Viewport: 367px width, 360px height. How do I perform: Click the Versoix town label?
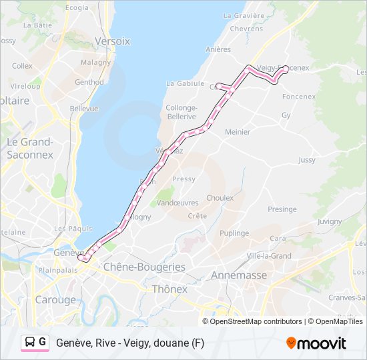pyautogui.click(x=113, y=41)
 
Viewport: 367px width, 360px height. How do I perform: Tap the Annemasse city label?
pyautogui.click(x=238, y=275)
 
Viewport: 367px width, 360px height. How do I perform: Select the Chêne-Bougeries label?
pyautogui.click(x=143, y=267)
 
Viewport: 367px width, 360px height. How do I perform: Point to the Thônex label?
pyautogui.click(x=169, y=289)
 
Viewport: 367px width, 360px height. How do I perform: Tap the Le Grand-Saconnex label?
pyautogui.click(x=30, y=148)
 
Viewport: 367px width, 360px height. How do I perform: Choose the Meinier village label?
pyautogui.click(x=237, y=132)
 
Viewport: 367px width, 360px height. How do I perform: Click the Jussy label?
pyautogui.click(x=307, y=160)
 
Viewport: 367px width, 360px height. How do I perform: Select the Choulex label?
pyautogui.click(x=220, y=198)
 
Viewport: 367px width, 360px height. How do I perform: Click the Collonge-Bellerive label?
pyautogui.click(x=181, y=112)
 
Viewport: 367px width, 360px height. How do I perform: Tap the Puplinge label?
pyautogui.click(x=234, y=233)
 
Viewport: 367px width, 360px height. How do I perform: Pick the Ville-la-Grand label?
pyautogui.click(x=269, y=255)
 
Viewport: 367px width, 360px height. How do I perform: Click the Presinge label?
pyautogui.click(x=282, y=209)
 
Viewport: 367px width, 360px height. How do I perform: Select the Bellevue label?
pyautogui.click(x=84, y=108)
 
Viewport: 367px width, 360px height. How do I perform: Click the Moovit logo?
pyautogui.click(x=316, y=343)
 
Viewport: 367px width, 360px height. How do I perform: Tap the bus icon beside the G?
pyautogui.click(x=31, y=343)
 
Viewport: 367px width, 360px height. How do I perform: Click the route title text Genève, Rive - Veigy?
pyautogui.click(x=130, y=343)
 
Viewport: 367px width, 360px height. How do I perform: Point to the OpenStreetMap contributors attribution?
pyautogui.click(x=252, y=321)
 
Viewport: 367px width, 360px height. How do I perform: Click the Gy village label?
pyautogui.click(x=286, y=115)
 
